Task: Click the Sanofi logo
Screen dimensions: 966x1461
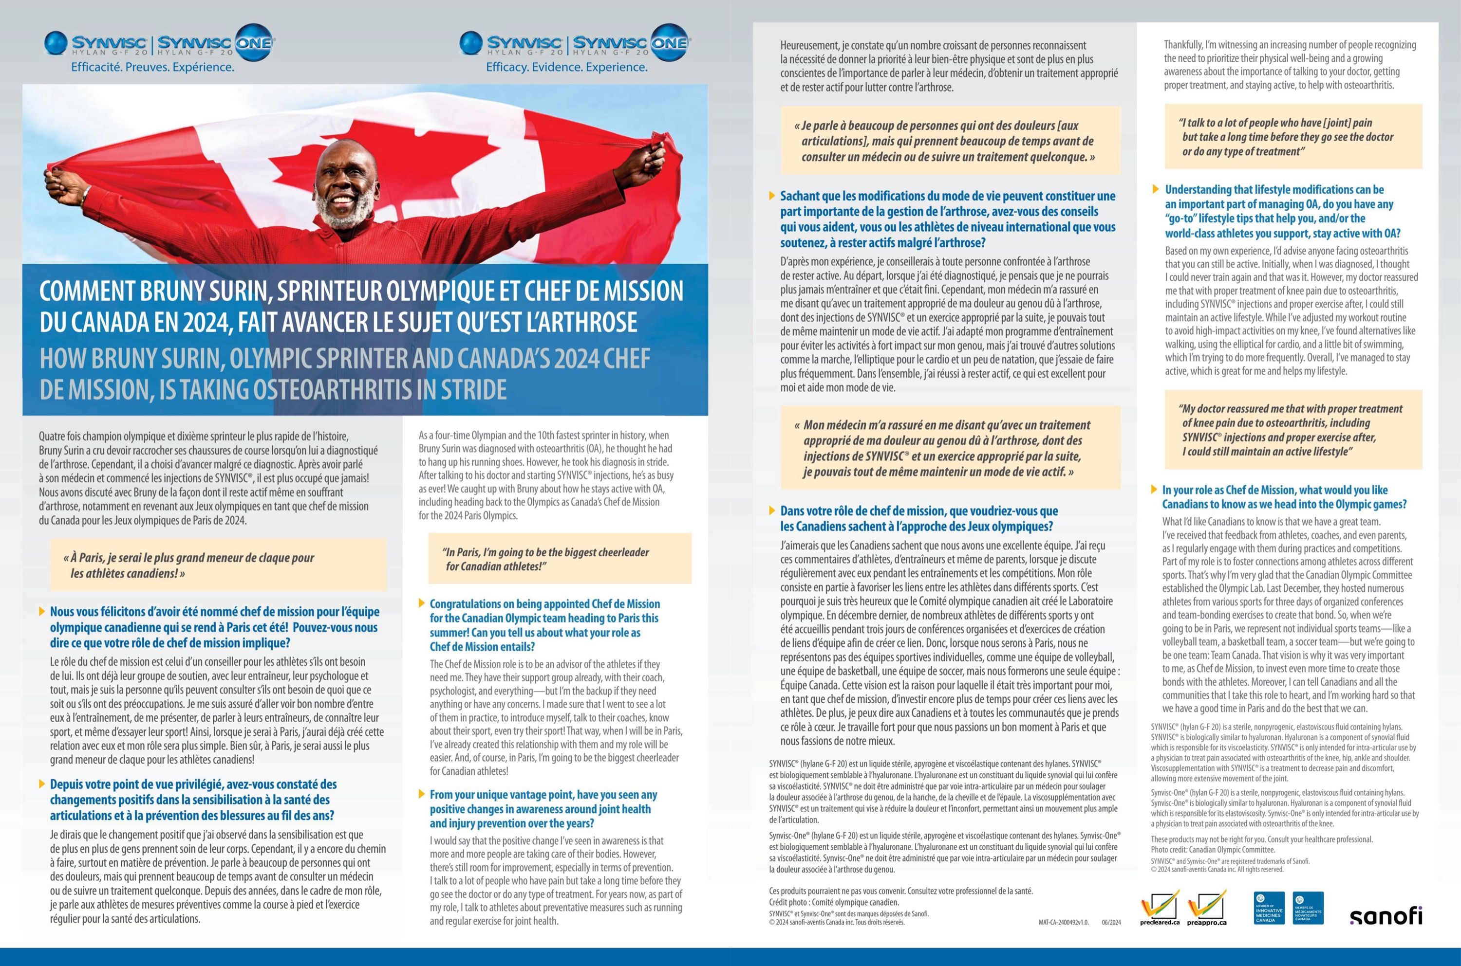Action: [1385, 915]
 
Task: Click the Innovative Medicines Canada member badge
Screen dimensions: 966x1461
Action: [1269, 908]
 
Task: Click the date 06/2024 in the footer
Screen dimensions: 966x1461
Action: [1111, 922]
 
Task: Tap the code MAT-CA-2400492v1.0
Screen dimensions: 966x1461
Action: [1064, 922]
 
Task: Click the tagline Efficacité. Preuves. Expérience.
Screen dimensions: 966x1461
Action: [153, 67]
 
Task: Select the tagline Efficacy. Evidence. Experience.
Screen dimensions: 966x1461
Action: [566, 67]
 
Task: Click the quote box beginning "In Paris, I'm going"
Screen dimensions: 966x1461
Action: [559, 559]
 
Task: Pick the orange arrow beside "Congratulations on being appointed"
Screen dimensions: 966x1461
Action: [422, 603]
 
